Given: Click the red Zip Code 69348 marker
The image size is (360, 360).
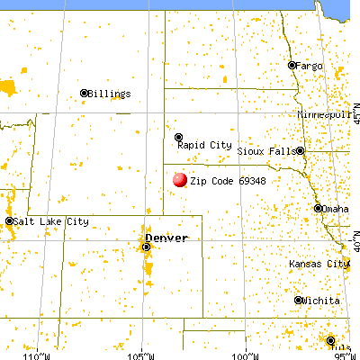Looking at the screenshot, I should [x=180, y=180].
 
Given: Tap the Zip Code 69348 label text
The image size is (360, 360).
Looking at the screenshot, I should [x=228, y=181].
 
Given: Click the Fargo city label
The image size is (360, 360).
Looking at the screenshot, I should [x=310, y=65].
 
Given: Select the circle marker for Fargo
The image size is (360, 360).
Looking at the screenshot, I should [x=292, y=65].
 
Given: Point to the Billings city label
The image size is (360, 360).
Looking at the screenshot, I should [x=111, y=93].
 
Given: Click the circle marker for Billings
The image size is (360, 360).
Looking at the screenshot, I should [x=84, y=93].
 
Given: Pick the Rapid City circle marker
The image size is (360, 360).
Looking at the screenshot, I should [x=178, y=137].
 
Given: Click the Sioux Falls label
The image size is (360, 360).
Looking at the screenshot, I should [x=265, y=151].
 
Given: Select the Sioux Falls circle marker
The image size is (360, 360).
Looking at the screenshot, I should [x=300, y=151].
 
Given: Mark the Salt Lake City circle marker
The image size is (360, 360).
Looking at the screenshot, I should [x=10, y=221].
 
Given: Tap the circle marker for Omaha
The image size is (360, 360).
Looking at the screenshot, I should [x=318, y=209].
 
